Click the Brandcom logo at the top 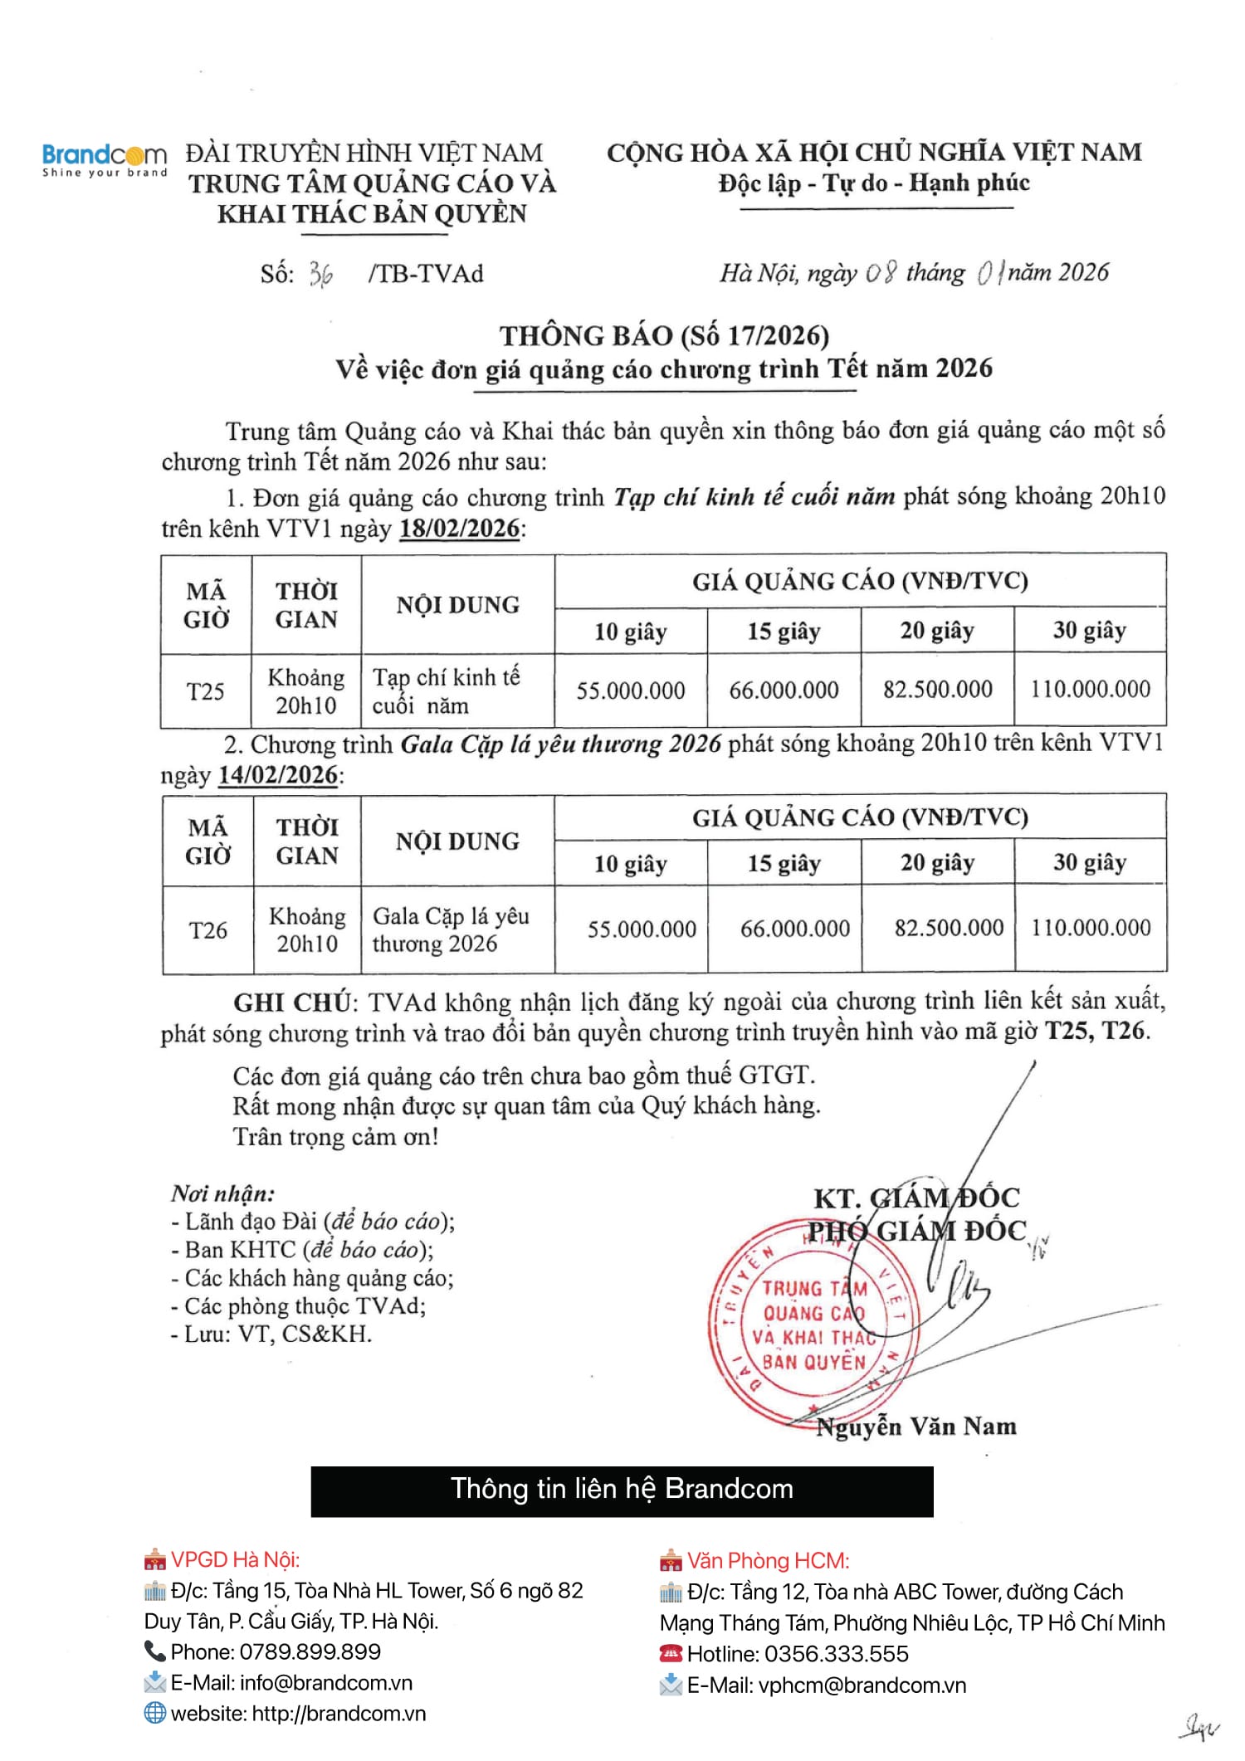tap(105, 159)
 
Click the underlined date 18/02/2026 tap(460, 529)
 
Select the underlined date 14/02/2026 tap(278, 775)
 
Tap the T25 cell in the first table tap(205, 691)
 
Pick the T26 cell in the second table tap(207, 930)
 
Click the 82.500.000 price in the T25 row tap(937, 690)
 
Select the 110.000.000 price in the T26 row tap(1091, 928)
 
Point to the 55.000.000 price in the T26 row tap(642, 929)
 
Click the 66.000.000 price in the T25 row tap(784, 690)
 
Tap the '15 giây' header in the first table tap(784, 632)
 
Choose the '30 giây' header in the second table tap(1090, 862)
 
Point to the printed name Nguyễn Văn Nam tap(916, 1427)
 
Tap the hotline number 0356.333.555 tap(836, 1654)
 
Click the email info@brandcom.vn tap(325, 1683)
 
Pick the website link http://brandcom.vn tap(339, 1714)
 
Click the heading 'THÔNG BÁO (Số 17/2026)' tap(664, 335)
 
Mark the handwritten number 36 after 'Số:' tap(321, 274)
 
